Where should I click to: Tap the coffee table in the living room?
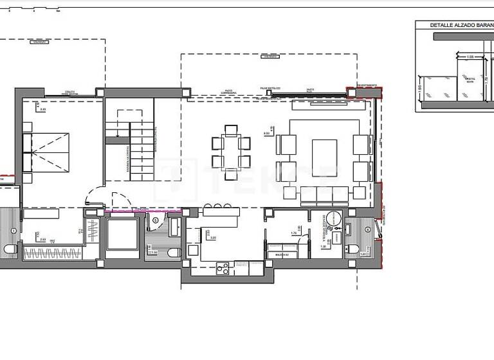coord(325,157)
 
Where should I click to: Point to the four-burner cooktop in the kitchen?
coord(223,269)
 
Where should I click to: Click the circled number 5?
coord(155,221)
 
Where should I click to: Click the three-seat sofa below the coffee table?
coord(325,192)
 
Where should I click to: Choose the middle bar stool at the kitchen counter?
coord(219,206)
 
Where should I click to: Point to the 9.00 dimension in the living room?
coord(266,133)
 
